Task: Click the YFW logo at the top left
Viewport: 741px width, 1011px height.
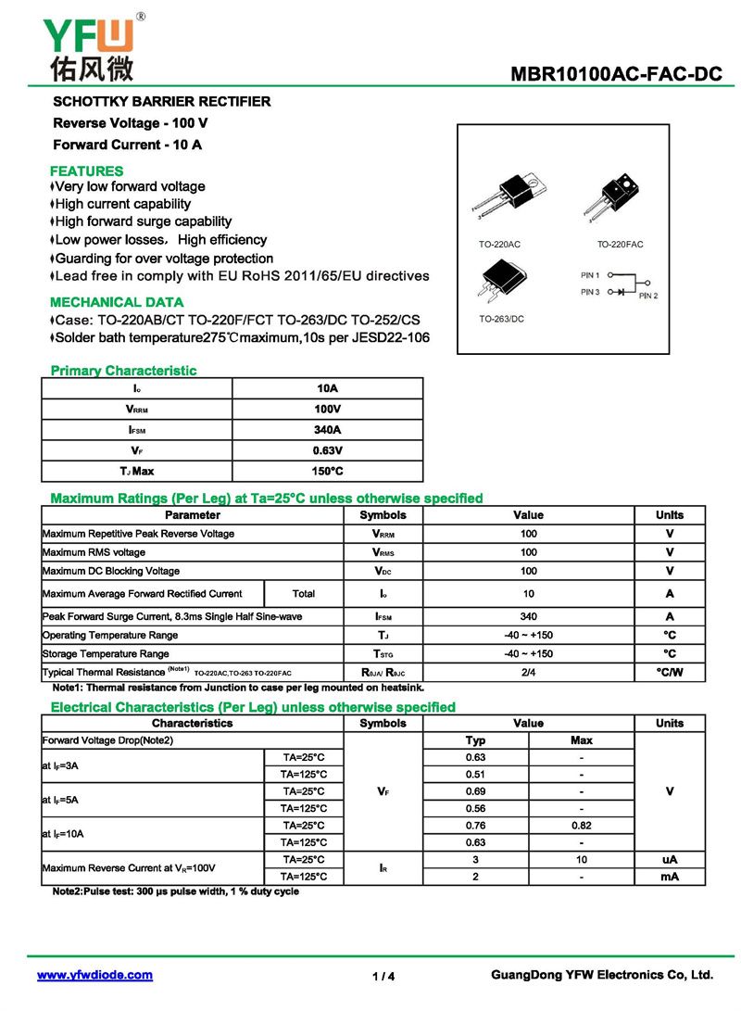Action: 89,46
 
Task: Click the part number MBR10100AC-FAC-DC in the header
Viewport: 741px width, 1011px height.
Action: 616,75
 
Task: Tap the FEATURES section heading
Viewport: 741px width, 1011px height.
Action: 86,171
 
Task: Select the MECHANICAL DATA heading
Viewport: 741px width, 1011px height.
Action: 117,302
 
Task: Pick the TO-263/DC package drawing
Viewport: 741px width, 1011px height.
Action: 501,279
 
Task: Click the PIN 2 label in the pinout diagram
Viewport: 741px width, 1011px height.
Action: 647,296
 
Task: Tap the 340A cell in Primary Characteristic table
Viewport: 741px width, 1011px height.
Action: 327,429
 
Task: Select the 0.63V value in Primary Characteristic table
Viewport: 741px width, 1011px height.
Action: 327,450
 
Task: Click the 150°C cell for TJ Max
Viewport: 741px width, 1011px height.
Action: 327,472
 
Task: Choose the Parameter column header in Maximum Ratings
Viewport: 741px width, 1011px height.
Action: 193,515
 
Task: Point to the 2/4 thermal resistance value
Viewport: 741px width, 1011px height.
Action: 528,672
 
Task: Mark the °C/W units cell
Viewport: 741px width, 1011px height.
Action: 669,672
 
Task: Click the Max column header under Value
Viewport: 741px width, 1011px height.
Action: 581,740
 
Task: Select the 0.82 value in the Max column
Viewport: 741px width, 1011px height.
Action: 581,825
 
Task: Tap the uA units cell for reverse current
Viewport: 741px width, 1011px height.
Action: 669,860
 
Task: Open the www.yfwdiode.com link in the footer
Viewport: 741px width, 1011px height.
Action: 94,975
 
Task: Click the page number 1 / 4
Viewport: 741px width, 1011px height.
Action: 383,976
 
